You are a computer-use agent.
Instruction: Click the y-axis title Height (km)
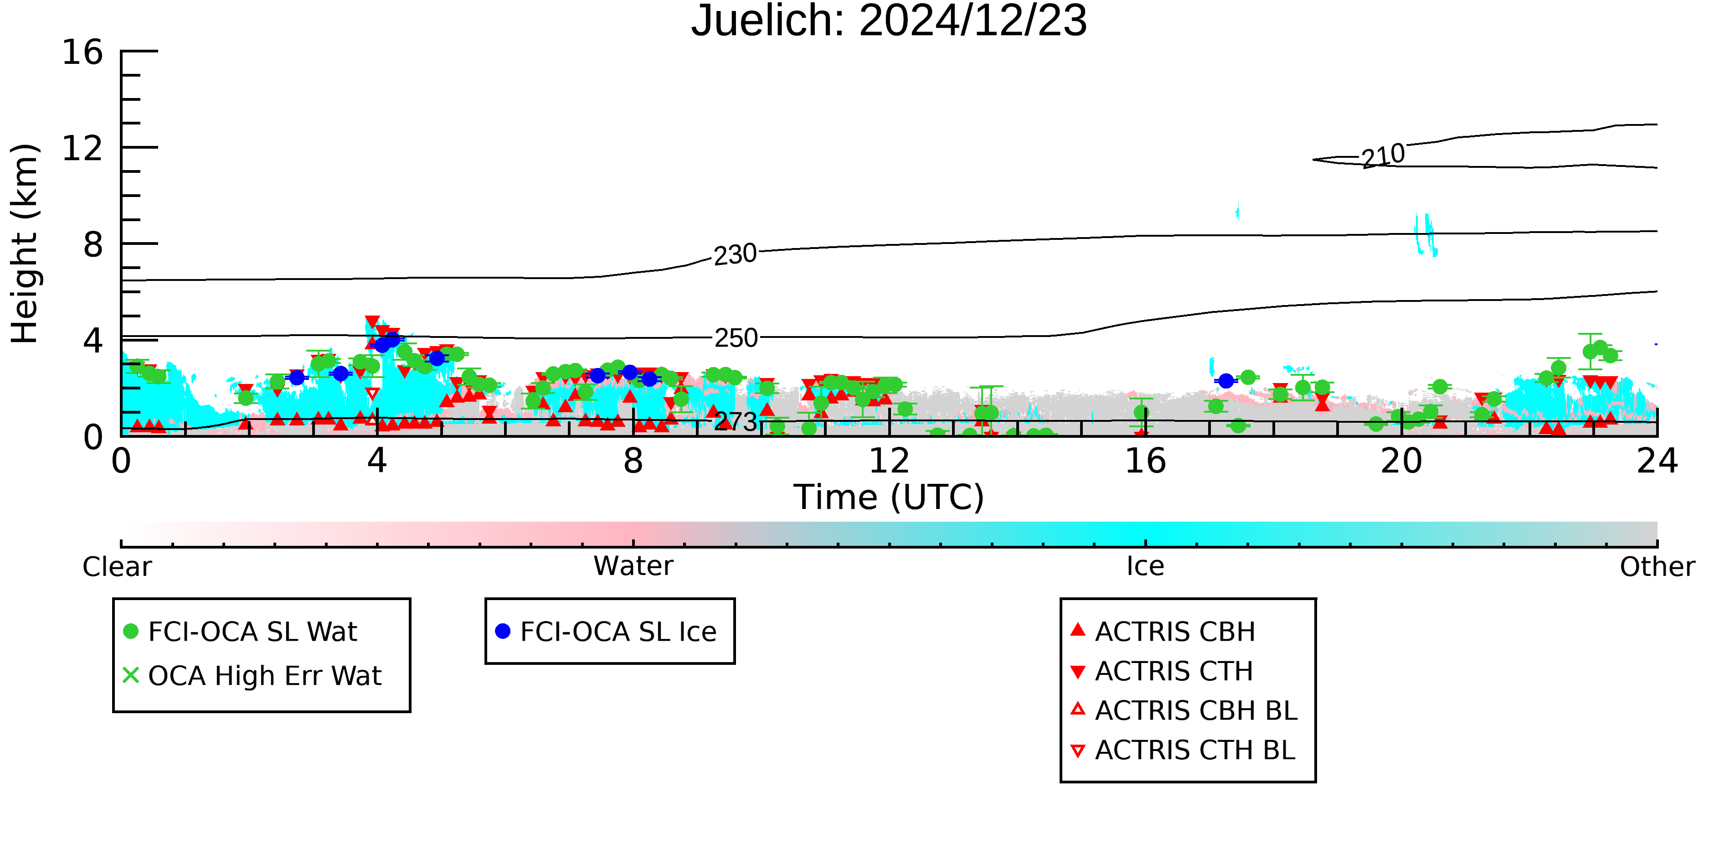click(25, 244)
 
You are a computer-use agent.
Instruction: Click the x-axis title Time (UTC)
click(889, 497)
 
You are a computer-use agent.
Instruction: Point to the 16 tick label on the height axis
click(82, 52)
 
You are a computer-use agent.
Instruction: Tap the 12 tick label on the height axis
click(82, 148)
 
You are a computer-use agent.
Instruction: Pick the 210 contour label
click(1383, 156)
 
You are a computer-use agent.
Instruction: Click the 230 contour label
click(735, 254)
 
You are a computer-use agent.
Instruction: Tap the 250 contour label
click(736, 338)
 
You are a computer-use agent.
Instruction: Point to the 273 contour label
click(736, 421)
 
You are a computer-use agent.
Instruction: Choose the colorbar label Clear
click(117, 567)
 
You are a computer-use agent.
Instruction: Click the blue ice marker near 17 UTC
click(1226, 380)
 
